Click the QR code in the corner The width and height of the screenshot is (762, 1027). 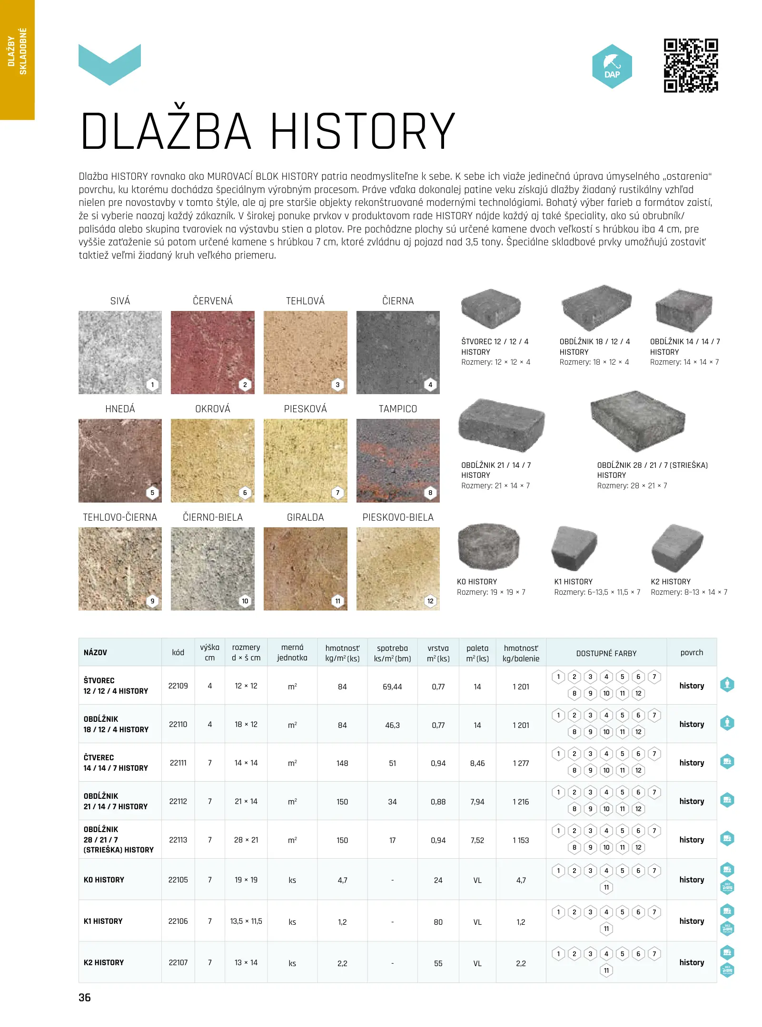pyautogui.click(x=690, y=65)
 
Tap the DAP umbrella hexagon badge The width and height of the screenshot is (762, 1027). pyautogui.click(x=612, y=67)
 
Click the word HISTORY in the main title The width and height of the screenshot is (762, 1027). pyautogui.click(x=363, y=132)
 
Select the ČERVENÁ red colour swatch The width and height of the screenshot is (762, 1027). pyautogui.click(x=212, y=352)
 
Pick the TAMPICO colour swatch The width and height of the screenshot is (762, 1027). pyautogui.click(x=398, y=460)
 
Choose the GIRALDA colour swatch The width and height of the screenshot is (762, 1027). pyautogui.click(x=305, y=568)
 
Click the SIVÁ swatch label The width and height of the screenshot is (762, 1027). pyautogui.click(x=120, y=301)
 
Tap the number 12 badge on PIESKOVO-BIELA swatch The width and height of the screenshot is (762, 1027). pyautogui.click(x=430, y=601)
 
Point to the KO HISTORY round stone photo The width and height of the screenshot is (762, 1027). pyautogui.click(x=488, y=546)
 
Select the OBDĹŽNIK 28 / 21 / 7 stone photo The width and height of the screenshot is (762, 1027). pyautogui.click(x=637, y=421)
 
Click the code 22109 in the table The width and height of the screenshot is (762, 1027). pyautogui.click(x=178, y=686)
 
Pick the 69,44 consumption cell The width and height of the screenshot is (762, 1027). pyautogui.click(x=392, y=687)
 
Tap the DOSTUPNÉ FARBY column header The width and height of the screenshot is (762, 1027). pyautogui.click(x=606, y=653)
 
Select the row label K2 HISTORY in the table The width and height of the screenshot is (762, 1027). pyautogui.click(x=104, y=962)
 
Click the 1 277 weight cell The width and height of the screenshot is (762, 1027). pyautogui.click(x=521, y=763)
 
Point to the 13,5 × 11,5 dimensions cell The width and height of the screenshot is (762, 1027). pyautogui.click(x=246, y=921)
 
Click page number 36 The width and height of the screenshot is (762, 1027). pyautogui.click(x=85, y=998)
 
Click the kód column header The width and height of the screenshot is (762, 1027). pyautogui.click(x=178, y=652)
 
